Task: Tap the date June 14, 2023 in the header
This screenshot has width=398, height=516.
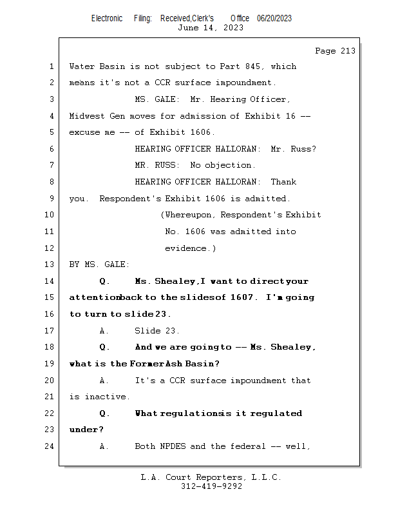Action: (211, 28)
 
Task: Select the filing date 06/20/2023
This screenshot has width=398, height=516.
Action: (274, 19)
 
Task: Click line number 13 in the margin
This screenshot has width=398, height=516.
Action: (50, 264)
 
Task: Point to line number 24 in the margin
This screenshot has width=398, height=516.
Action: (50, 446)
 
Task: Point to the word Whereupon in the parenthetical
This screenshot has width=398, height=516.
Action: (191, 215)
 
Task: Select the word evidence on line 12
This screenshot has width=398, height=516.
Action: (187, 248)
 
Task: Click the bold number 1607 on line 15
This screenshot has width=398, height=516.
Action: (243, 298)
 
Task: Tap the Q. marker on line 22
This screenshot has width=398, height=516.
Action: (104, 413)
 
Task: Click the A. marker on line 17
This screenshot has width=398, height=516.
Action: (104, 331)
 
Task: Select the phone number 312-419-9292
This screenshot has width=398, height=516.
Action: (211, 486)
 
